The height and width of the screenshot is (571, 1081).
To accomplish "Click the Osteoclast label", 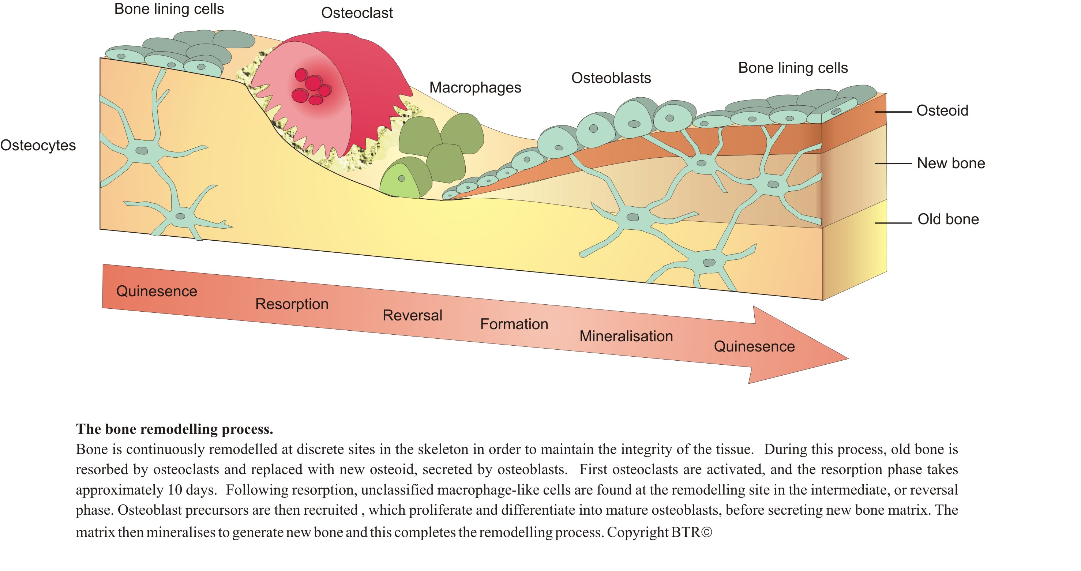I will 357,13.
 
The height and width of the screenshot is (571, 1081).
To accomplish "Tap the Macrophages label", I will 475,88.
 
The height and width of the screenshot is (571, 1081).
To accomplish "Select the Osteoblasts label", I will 611,78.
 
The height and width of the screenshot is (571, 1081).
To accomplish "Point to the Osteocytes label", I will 38,145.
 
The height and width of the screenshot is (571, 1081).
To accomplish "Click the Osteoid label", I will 942,111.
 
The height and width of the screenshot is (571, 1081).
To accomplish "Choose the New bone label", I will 951,163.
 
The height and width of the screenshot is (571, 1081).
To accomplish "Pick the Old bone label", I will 948,219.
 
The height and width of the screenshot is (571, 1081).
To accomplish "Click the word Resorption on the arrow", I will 292,304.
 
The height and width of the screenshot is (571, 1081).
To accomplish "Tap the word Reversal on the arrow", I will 412,315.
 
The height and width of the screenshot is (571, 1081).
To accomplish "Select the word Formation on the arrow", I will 514,324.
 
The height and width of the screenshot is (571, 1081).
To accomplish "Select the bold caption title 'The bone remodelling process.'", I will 174,429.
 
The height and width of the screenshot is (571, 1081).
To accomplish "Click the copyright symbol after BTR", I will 706,532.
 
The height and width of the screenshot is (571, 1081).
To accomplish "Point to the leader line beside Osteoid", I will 893,112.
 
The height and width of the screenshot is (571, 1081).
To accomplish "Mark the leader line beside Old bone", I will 893,223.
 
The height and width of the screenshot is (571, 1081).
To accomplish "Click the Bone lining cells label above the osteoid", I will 793,68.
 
